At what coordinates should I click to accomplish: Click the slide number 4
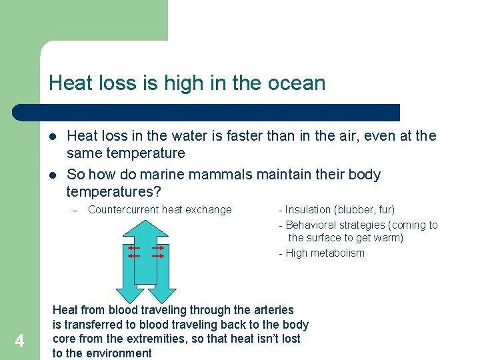[19, 341]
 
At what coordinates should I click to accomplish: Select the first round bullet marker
[51, 137]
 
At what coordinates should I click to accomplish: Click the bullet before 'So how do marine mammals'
[51, 175]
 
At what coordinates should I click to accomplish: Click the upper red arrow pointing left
[134, 247]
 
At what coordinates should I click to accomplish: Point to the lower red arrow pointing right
[158, 255]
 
